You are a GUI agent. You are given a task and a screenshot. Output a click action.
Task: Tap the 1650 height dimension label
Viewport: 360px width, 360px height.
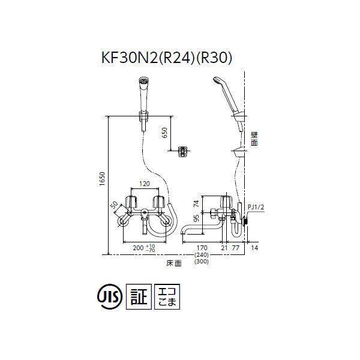pos(103,182)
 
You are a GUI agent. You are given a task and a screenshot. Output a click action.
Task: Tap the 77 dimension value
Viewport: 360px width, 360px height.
pos(235,246)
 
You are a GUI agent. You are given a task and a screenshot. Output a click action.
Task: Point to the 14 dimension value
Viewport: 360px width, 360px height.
pos(256,246)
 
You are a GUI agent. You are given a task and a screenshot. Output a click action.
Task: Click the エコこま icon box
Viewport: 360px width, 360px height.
pos(167,296)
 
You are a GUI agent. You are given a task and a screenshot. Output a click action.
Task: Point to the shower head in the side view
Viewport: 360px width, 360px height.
pos(225,90)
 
